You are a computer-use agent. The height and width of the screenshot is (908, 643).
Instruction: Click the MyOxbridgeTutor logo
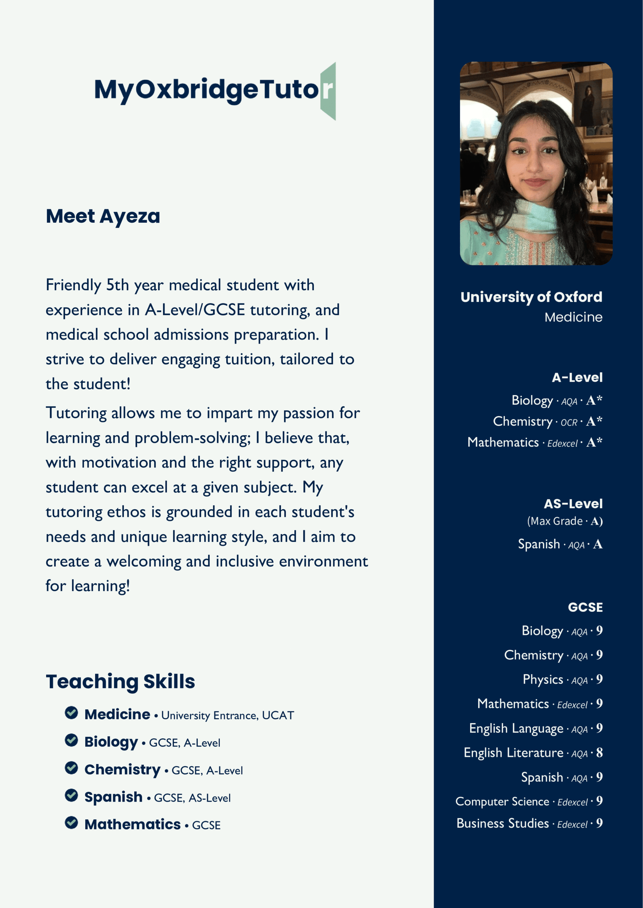tap(215, 90)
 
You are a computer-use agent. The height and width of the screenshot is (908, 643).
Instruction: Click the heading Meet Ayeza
tap(103, 216)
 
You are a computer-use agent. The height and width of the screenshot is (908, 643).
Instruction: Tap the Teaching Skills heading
tap(120, 681)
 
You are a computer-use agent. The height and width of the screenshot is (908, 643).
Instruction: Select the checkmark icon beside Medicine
tap(72, 713)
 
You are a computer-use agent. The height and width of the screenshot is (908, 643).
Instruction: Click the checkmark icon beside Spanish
tap(72, 795)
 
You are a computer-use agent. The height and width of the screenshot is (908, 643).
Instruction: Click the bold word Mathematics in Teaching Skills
tap(132, 824)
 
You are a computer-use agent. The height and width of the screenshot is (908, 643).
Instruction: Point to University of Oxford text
tap(531, 297)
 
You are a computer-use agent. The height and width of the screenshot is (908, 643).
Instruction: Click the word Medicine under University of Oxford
tap(573, 317)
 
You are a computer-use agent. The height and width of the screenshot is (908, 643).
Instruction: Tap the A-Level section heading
tap(577, 377)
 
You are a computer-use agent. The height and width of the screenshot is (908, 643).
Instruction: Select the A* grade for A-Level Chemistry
tap(594, 421)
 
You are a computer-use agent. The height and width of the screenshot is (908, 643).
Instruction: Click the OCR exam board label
tap(569, 422)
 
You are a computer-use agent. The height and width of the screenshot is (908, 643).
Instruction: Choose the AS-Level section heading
tap(573, 504)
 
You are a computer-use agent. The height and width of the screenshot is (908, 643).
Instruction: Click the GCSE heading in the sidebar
tap(585, 607)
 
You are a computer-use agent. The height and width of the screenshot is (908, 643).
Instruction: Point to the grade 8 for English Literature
tap(599, 753)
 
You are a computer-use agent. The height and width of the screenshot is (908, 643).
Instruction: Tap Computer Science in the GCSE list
tap(502, 801)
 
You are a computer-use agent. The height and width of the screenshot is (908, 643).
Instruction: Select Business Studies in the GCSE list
tap(502, 823)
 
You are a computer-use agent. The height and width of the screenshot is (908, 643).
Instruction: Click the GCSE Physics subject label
tap(543, 679)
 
